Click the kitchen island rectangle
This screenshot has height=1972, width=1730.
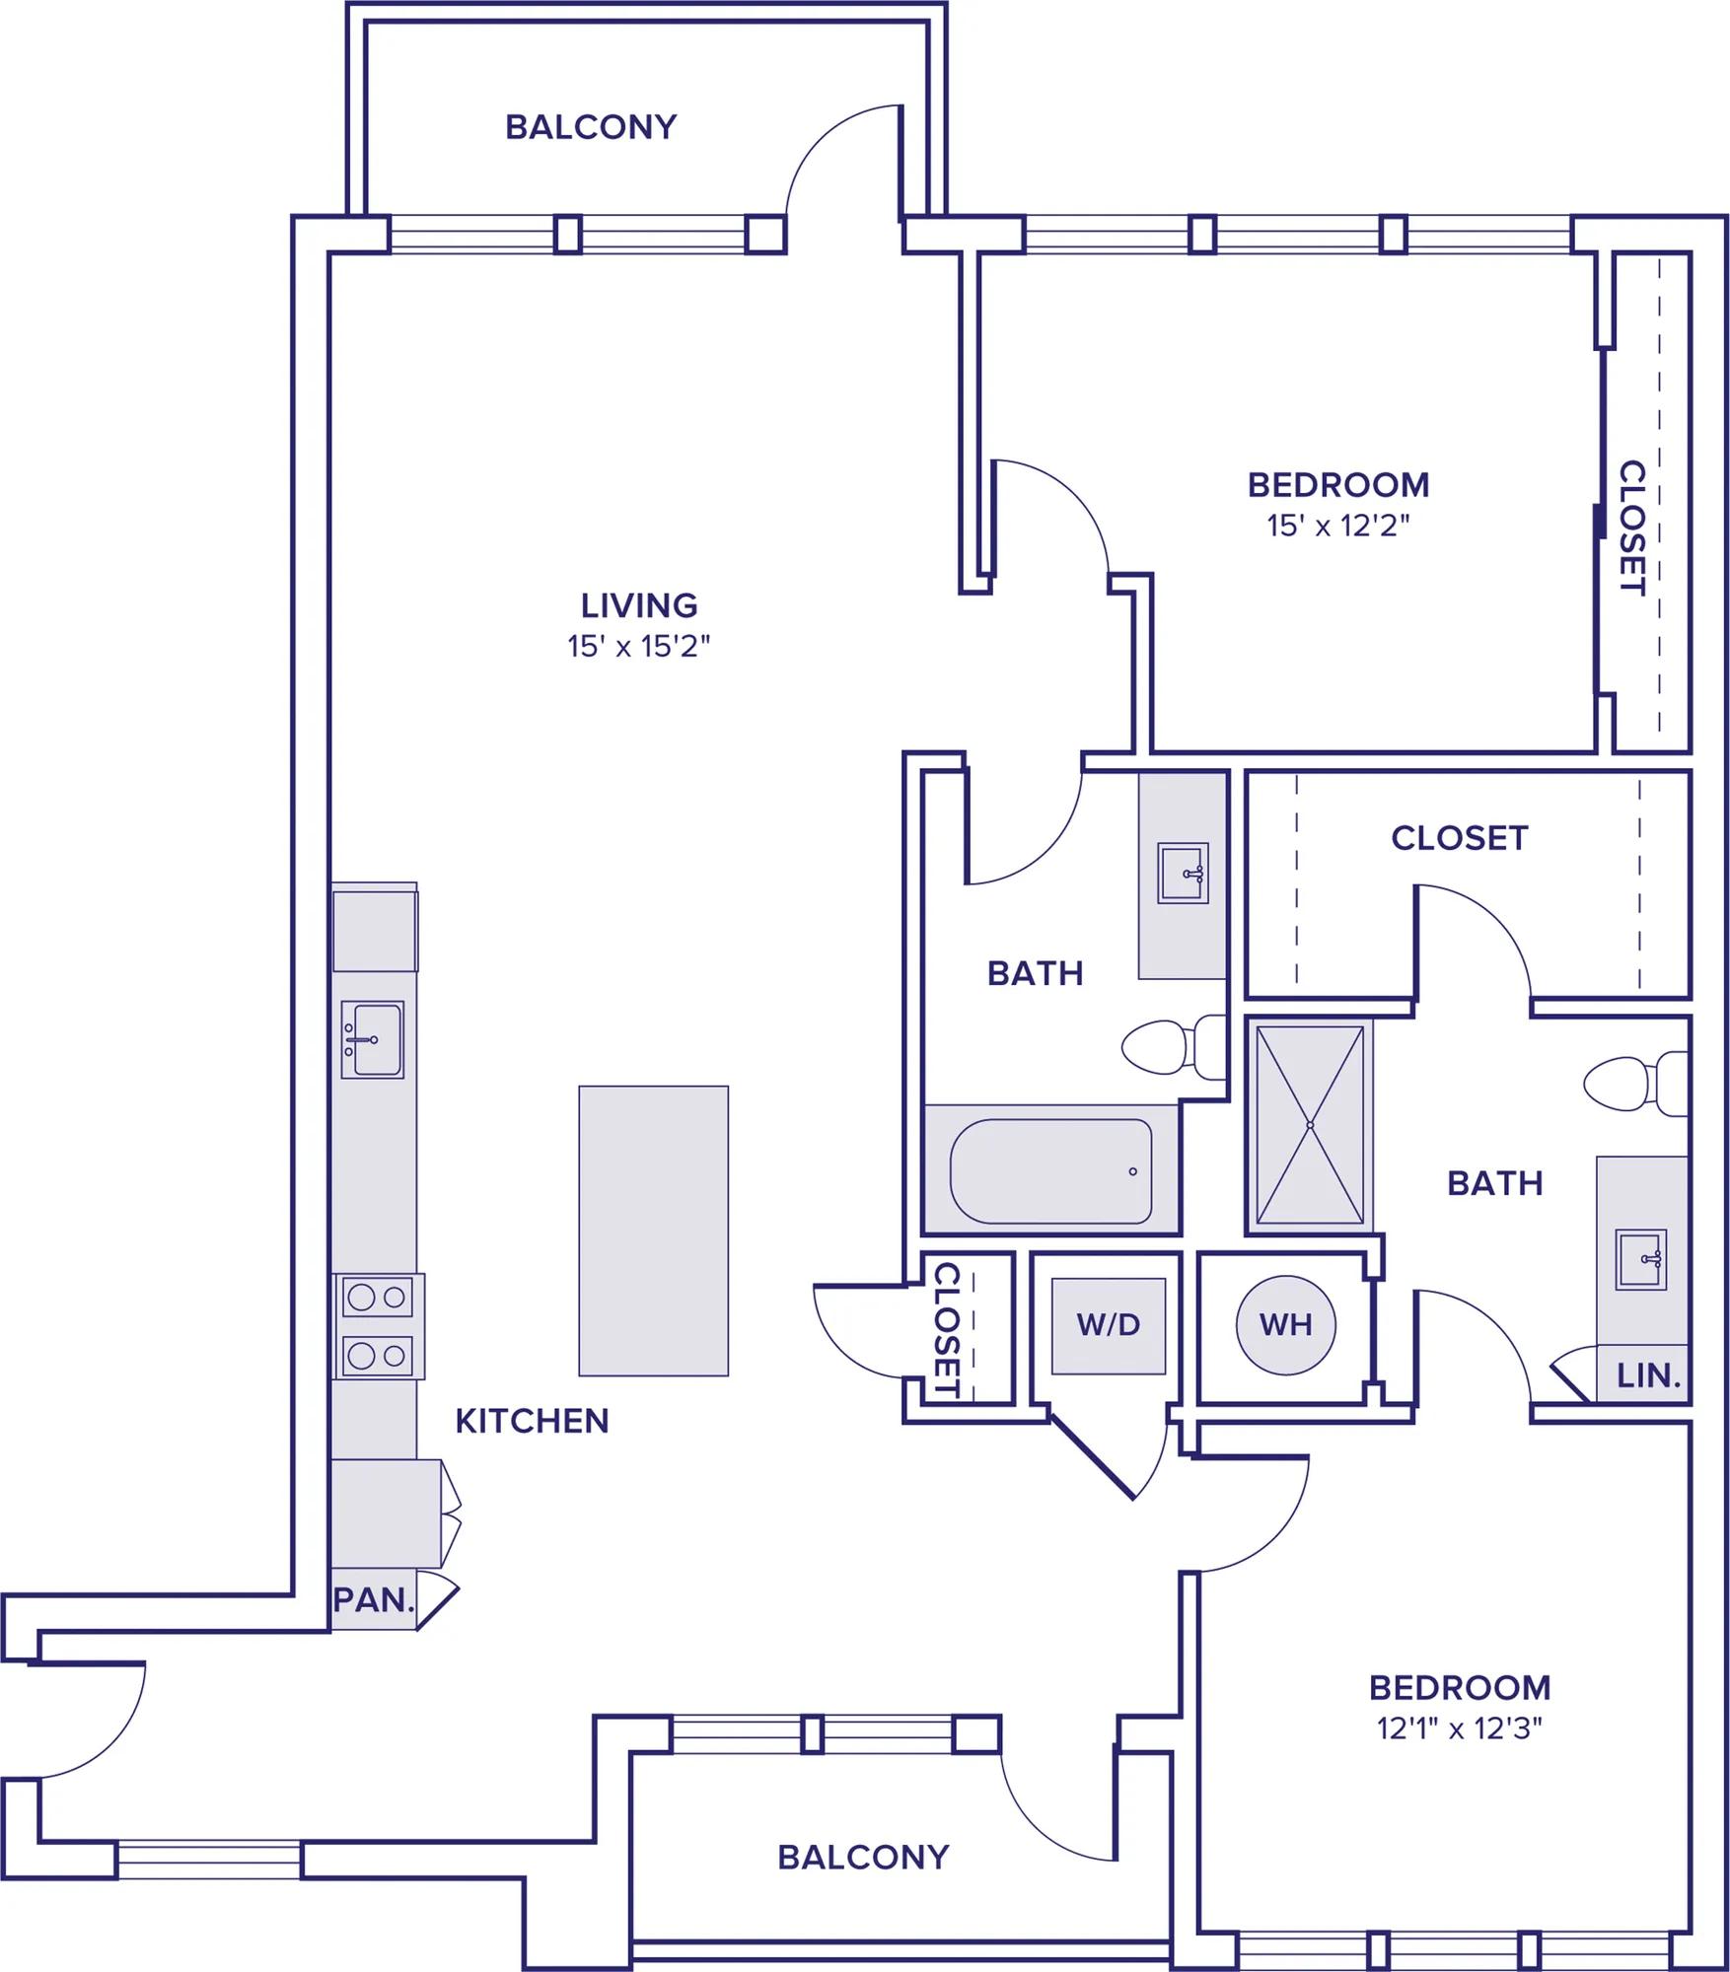click(x=653, y=1231)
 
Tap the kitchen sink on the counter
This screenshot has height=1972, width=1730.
click(x=373, y=1040)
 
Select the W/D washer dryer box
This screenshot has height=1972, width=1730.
click(x=1109, y=1325)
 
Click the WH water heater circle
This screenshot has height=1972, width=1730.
click(x=1285, y=1324)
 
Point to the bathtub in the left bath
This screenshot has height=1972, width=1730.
click(x=1051, y=1170)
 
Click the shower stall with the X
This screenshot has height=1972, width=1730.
click(x=1310, y=1125)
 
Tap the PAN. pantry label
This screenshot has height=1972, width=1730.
click(x=374, y=1600)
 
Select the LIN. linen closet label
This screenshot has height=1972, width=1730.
click(x=1648, y=1375)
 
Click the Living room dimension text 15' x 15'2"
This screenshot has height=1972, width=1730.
click(x=639, y=647)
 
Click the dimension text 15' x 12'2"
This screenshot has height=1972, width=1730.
click(x=1338, y=526)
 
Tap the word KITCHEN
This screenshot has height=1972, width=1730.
click(x=533, y=1421)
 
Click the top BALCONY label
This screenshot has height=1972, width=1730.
click(x=592, y=127)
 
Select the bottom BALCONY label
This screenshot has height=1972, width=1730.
click(x=863, y=1858)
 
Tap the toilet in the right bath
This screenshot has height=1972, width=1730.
click(x=1636, y=1084)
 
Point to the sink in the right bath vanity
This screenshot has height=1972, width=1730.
click(x=1641, y=1259)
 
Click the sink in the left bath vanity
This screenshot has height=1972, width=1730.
click(x=1183, y=873)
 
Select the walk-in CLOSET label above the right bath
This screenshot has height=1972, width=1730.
click(x=1460, y=838)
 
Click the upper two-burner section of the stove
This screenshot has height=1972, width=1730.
click(x=378, y=1298)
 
